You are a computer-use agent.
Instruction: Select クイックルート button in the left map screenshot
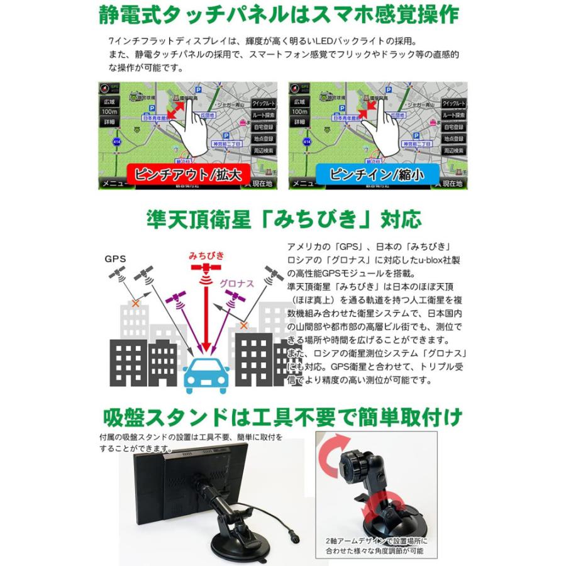(264, 104)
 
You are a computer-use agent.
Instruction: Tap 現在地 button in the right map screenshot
(453, 184)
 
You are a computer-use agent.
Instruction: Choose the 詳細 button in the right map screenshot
(299, 121)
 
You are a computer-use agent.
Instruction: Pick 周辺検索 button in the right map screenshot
(453, 151)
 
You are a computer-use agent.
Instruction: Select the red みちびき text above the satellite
(206, 256)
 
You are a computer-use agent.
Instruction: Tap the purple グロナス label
(236, 284)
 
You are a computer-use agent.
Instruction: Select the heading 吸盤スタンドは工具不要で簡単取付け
(283, 417)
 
